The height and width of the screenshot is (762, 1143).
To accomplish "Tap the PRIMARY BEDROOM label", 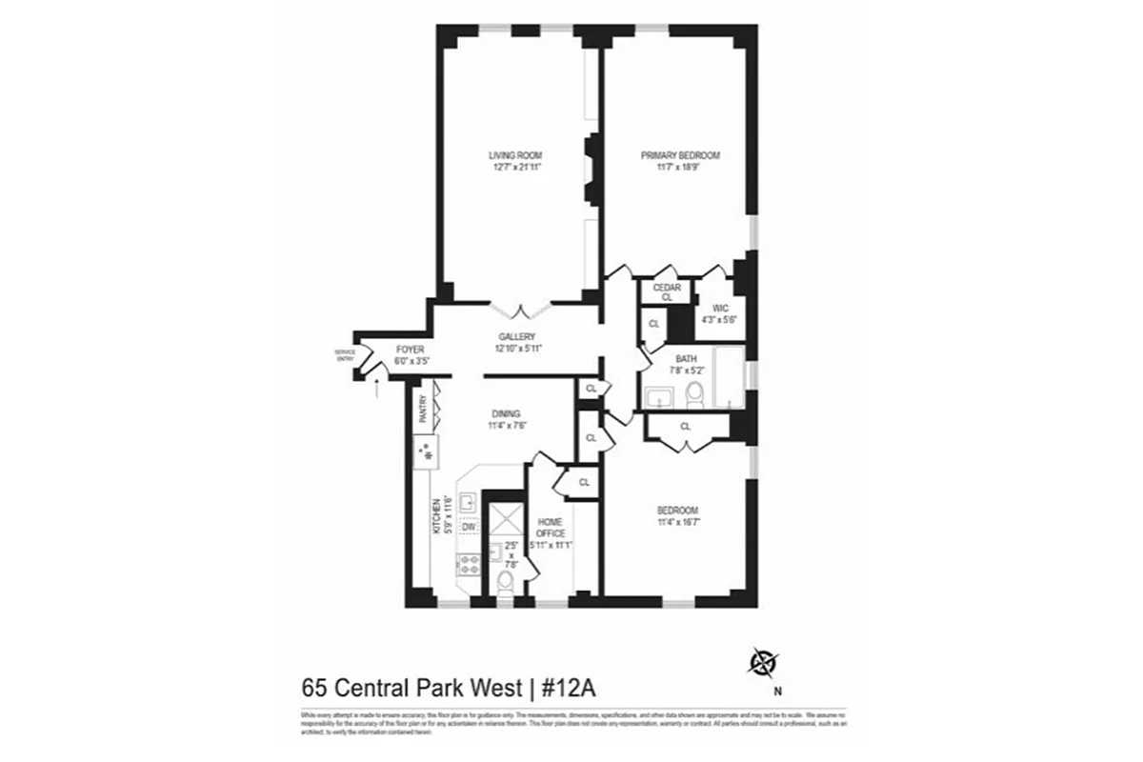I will pos(679,155).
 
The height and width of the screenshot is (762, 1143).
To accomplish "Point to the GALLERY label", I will pos(517,336).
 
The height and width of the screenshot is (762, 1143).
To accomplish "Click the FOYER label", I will pos(410,350).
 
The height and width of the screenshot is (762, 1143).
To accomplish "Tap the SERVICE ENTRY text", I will pos(344,355).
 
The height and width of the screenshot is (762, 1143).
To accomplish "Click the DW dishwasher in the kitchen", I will pos(469,527).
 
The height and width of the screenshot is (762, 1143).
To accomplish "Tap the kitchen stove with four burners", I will pos(469,565).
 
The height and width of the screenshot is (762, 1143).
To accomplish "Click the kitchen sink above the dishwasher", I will pos(469,502).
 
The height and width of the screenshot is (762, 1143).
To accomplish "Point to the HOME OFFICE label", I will pos(551,527).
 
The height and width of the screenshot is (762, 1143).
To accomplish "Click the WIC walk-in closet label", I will pos(707,307).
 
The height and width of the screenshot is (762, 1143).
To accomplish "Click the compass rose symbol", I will pos(763,661).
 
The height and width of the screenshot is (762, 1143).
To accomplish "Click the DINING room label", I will pos(506,413).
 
